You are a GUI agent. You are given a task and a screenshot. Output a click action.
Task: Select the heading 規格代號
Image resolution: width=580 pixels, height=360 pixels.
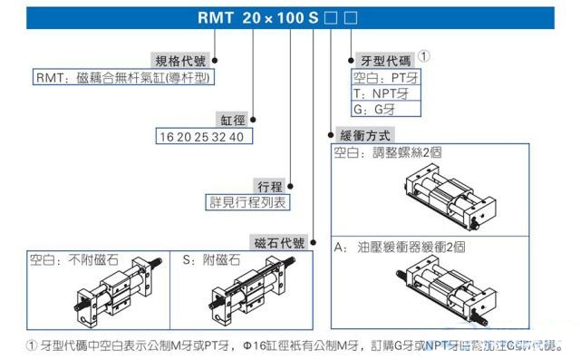pos(181,60)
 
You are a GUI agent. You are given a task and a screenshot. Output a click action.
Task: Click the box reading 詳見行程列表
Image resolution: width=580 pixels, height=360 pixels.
pos(248,202)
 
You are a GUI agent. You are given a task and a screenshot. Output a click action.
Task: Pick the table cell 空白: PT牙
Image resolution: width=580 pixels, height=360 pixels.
pos(386,77)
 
